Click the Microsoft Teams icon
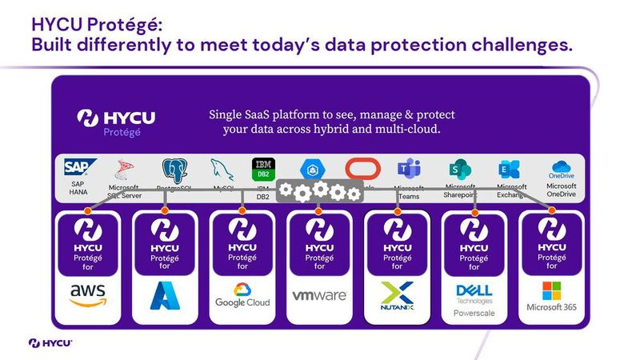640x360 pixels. coord(408,170)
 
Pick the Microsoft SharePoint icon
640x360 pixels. coord(458,169)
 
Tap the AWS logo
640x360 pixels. coord(87,295)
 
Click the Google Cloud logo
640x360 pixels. coord(242,294)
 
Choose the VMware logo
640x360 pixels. coord(319,295)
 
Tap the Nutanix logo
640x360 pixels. coord(397,295)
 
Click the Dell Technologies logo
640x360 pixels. coord(474,292)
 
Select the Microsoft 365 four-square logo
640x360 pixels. coord(552,290)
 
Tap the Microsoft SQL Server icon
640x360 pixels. coord(126,169)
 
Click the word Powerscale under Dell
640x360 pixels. coord(474,313)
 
